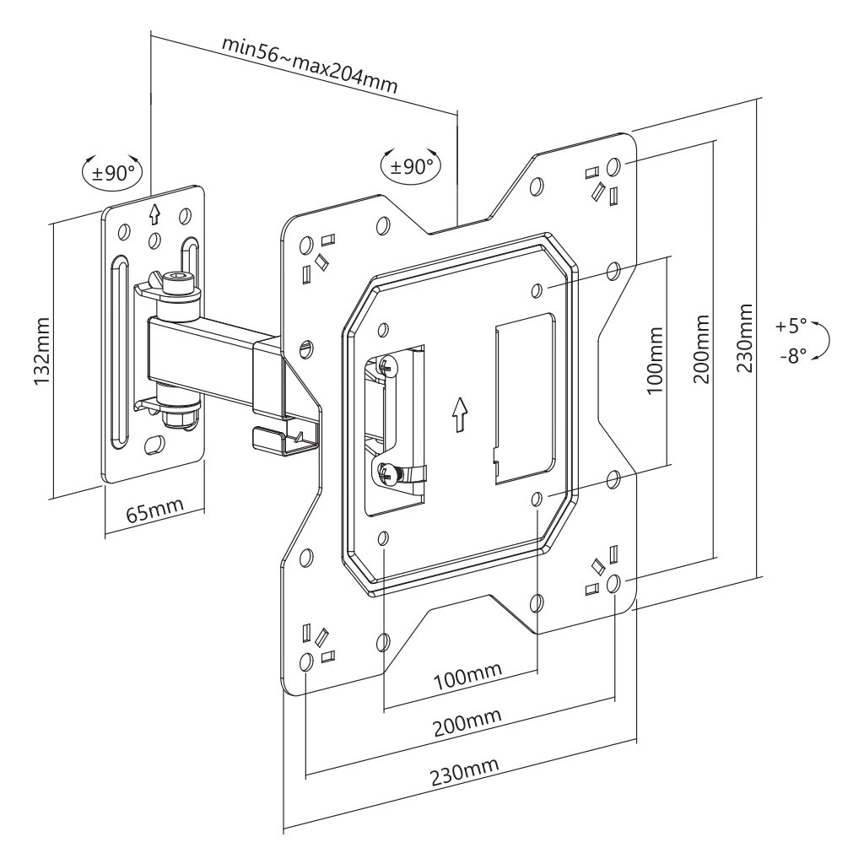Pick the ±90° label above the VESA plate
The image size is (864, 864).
pos(413,165)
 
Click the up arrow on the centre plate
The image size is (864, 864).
pos(458,414)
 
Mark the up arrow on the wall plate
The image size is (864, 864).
pos(154,212)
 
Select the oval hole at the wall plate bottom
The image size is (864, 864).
pos(155,444)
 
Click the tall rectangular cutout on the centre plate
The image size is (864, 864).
pos(524,397)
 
